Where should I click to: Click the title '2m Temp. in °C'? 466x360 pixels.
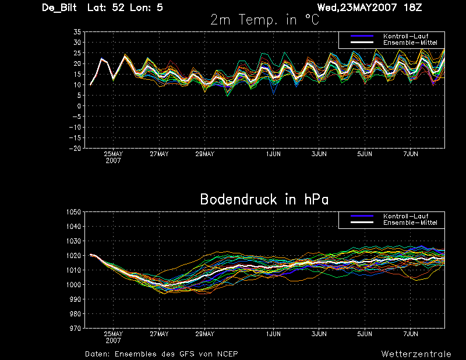tap(265, 20)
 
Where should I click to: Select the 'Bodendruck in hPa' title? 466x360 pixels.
tap(264, 199)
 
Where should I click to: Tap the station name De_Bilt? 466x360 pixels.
tap(59, 8)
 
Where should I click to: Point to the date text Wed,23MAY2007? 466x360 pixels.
tap(357, 8)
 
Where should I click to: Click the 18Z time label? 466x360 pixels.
tap(413, 8)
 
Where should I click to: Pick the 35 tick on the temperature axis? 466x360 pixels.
tap(77, 32)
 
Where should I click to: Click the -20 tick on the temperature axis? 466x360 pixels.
tap(75, 148)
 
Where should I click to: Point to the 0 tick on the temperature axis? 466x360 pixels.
tap(79, 106)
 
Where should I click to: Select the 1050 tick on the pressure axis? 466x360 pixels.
tap(74, 212)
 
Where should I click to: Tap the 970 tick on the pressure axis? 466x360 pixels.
tap(75, 328)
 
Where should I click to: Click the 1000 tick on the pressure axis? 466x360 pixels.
tap(74, 284)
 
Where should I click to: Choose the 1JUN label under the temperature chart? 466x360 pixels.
tap(273, 154)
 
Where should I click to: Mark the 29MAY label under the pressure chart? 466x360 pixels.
tap(205, 334)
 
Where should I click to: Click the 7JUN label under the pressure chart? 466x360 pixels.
tap(411, 334)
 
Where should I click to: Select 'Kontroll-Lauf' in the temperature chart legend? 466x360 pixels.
tap(405, 36)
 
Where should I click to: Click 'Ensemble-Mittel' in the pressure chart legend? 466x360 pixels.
tap(410, 223)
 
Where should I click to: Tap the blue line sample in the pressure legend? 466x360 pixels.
tap(362, 216)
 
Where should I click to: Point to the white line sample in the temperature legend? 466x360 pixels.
tap(362, 43)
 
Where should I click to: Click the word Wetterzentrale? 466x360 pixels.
tap(416, 354)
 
